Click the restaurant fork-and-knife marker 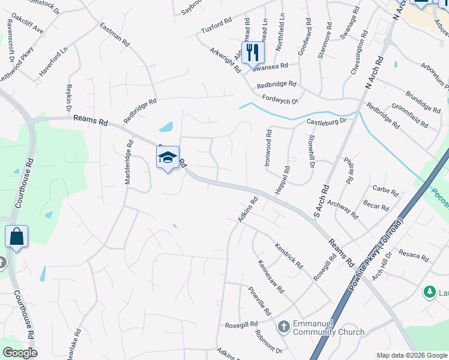point(253,52)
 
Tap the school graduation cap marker point(168,158)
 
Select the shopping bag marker point(17,237)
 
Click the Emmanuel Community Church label point(328,328)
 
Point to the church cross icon point(284,328)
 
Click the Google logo point(20,353)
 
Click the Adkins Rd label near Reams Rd point(247,211)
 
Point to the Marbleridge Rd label point(128,164)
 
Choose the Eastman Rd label point(115,35)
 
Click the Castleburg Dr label point(327,121)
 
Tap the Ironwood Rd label point(268,148)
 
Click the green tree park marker point(429,292)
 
